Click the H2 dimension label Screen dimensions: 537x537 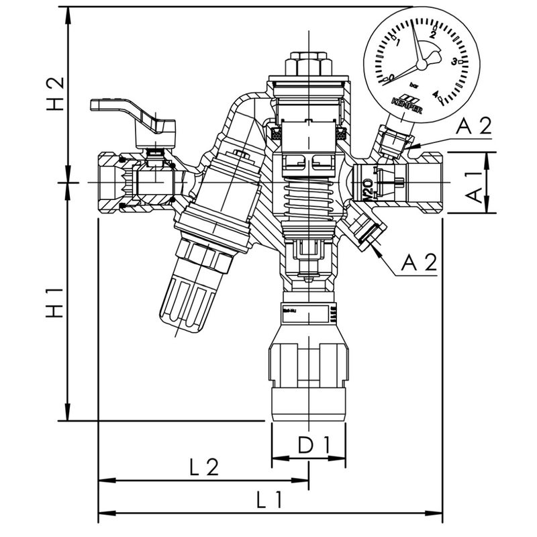click(x=56, y=93)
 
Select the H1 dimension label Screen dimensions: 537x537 click(x=56, y=303)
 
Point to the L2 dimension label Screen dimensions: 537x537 click(x=203, y=467)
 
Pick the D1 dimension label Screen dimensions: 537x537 click(x=308, y=444)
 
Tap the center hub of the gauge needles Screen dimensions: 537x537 click(x=422, y=64)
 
